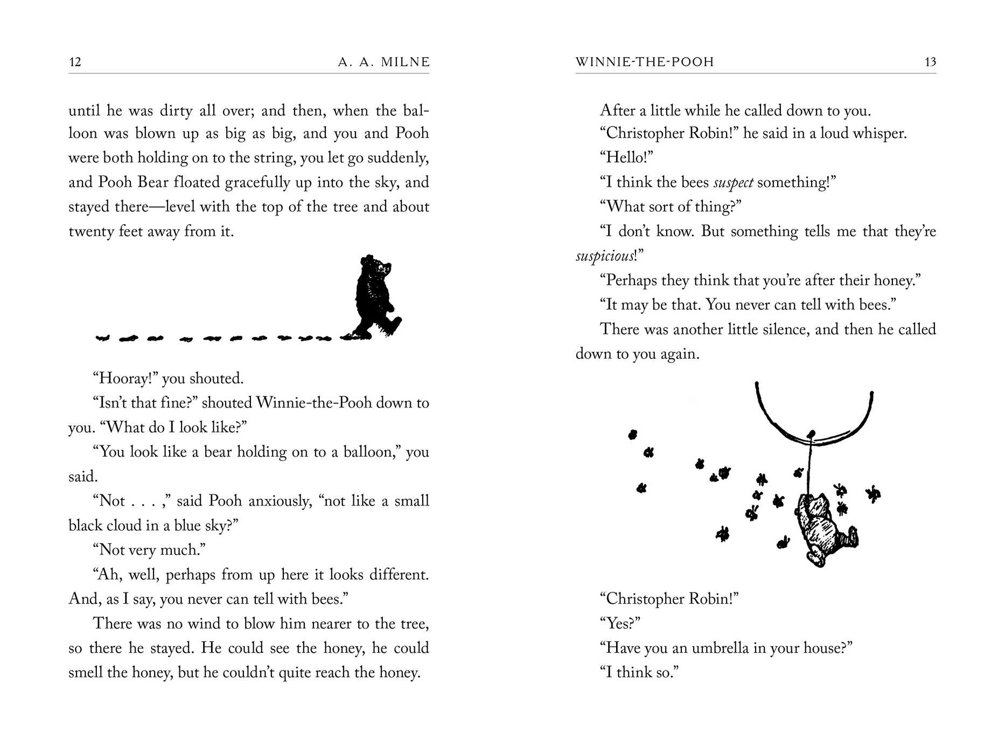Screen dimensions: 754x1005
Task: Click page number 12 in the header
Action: [x=75, y=62]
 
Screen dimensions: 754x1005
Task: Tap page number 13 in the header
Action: [x=930, y=62]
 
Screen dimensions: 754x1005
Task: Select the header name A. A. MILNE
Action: [x=384, y=62]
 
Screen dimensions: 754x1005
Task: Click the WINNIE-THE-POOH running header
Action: [x=645, y=62]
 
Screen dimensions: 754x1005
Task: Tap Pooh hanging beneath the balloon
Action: [x=821, y=528]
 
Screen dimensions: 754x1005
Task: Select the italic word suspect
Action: [x=733, y=183]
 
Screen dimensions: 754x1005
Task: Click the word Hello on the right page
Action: [x=626, y=158]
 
